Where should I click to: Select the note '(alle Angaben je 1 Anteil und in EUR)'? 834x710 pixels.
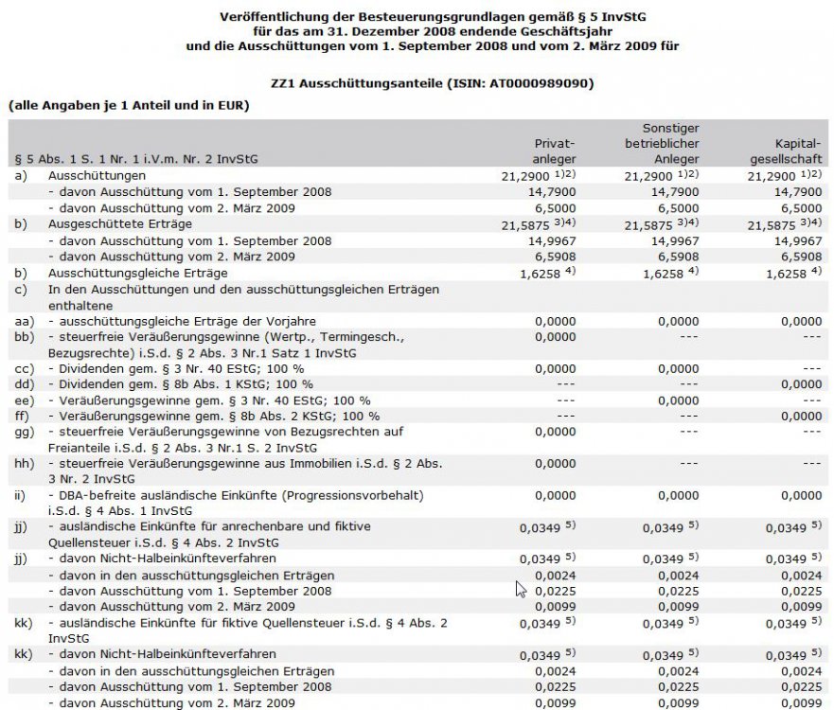point(128,105)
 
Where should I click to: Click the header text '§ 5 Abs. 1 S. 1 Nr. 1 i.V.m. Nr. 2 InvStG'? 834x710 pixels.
point(136,159)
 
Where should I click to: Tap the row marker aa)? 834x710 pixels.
point(23,322)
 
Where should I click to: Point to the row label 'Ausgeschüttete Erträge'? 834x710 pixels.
point(120,223)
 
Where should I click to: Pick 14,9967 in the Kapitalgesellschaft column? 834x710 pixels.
point(794,240)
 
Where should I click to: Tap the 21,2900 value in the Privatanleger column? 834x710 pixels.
point(528,176)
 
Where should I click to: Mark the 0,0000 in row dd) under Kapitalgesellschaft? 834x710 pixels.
point(794,384)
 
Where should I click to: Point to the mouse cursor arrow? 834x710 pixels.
point(520,589)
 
